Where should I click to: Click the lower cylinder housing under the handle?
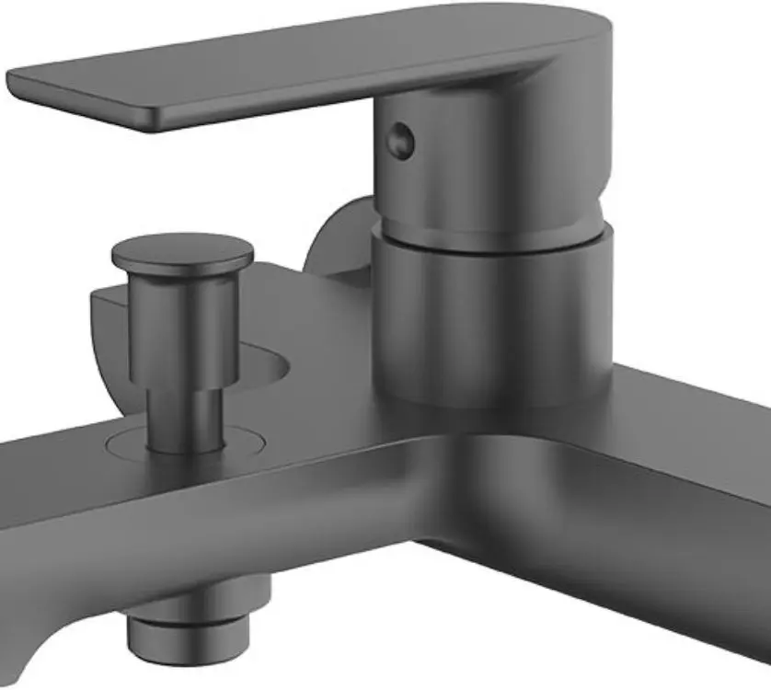pyautogui.click(x=488, y=313)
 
